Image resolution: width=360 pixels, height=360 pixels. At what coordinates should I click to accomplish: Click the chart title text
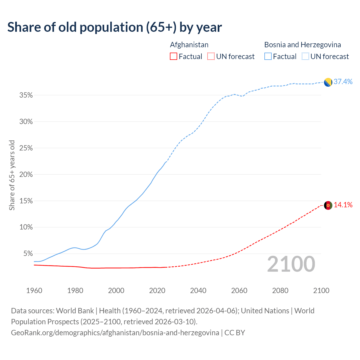tap(114, 27)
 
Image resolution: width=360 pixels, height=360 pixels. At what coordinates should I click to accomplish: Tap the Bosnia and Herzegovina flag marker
tap(328, 82)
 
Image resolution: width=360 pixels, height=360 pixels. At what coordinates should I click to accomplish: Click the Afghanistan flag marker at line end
tap(328, 205)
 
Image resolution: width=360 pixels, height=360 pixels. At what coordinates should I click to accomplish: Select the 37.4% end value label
tap(343, 82)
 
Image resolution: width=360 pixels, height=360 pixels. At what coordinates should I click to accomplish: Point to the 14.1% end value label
tap(343, 205)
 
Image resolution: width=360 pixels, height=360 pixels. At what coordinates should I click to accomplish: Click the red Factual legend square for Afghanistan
tap(174, 57)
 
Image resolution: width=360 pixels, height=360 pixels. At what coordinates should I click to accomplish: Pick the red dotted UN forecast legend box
tap(211, 57)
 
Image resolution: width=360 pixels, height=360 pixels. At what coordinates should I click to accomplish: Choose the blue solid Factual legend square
tap(268, 57)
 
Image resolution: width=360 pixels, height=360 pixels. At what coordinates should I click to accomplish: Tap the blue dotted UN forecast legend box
tap(305, 57)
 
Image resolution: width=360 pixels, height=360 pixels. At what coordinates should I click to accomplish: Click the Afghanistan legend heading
tap(189, 45)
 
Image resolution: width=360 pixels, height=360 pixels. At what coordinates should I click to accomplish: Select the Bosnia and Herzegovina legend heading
tap(302, 45)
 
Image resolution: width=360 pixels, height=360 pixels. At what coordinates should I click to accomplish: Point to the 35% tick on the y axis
tap(26, 95)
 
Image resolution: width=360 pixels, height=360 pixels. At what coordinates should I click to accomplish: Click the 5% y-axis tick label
tap(28, 254)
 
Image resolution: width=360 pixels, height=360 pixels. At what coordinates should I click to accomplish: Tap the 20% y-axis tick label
tap(26, 175)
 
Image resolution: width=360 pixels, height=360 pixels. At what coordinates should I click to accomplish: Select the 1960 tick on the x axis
tap(34, 291)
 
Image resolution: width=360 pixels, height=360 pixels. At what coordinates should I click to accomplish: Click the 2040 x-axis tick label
tap(198, 291)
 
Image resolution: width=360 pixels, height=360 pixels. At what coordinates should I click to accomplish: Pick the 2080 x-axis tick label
tap(280, 291)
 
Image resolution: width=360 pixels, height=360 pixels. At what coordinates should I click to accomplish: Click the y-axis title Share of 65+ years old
tap(12, 175)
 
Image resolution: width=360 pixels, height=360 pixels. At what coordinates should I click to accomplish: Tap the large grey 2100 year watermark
tap(291, 264)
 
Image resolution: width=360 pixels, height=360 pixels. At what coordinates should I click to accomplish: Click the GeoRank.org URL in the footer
tap(115, 333)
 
